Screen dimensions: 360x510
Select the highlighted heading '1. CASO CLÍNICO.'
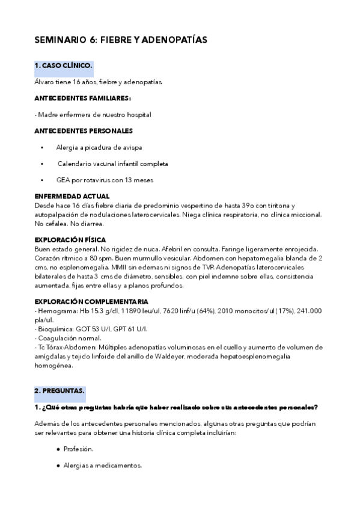[63, 65]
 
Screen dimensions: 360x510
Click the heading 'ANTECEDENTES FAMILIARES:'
[83, 97]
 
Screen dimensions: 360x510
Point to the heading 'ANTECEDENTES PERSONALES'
[84, 131]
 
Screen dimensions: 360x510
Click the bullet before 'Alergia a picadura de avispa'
[42, 147]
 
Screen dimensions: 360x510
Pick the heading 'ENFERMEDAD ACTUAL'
[72, 196]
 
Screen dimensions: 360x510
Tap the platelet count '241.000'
[310, 310]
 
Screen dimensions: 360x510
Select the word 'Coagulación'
[58, 338]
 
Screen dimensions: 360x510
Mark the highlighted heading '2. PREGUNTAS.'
[59, 391]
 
